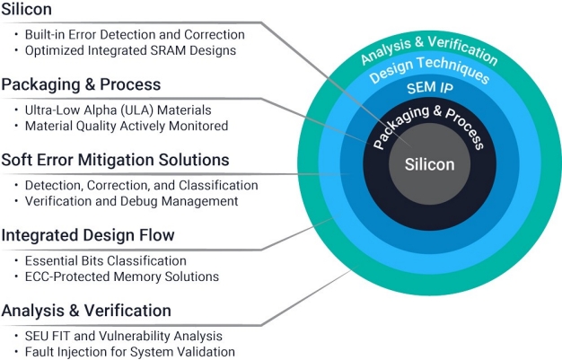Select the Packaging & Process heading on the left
[x=81, y=84]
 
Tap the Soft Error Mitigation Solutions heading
[x=115, y=160]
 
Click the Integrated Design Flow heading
[x=87, y=235]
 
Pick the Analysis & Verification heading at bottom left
[x=86, y=311]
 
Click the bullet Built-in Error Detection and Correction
[x=134, y=34]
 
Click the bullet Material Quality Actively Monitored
[x=126, y=126]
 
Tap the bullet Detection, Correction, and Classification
[x=141, y=185]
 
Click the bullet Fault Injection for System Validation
[x=129, y=352]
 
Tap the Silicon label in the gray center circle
[x=429, y=165]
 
